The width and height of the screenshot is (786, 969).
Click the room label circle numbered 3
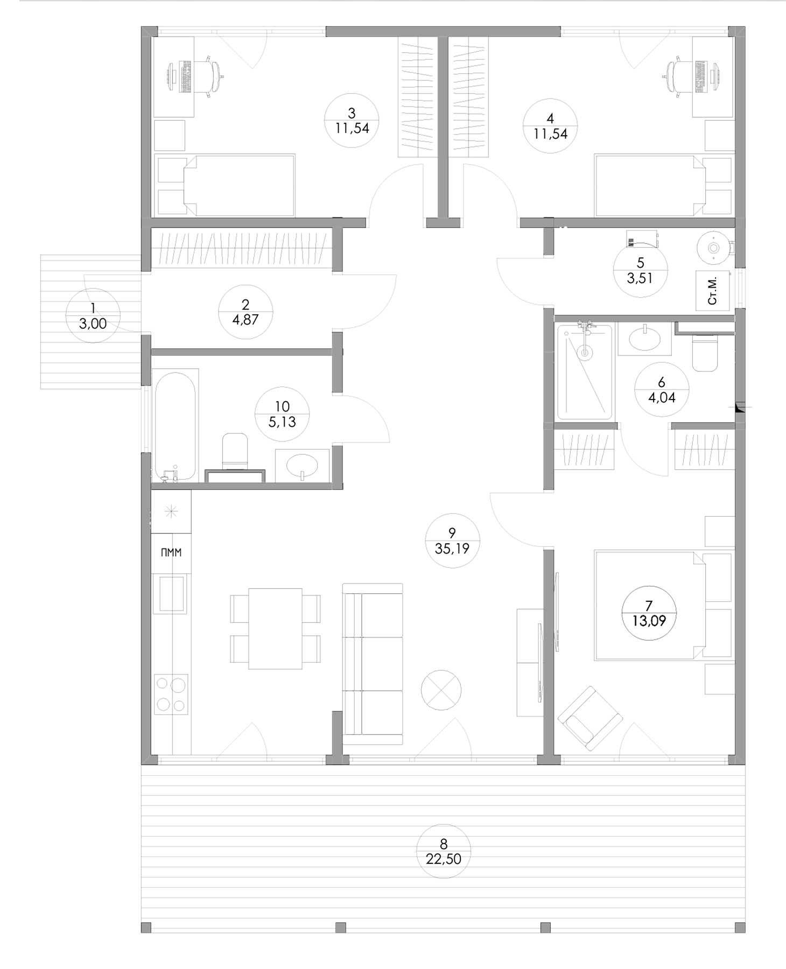(x=352, y=121)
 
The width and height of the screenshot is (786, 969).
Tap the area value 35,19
(x=452, y=549)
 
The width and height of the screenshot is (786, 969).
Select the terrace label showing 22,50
(x=444, y=859)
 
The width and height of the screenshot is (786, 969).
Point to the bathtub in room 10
(x=175, y=425)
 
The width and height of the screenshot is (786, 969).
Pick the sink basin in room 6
(x=644, y=339)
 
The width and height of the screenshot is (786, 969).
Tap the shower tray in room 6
(x=585, y=371)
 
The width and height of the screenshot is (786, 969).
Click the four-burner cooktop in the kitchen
(x=171, y=694)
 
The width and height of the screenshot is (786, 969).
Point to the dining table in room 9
(x=275, y=629)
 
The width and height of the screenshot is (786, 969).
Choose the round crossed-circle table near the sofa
(x=441, y=690)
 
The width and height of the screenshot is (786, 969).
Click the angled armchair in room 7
(x=590, y=718)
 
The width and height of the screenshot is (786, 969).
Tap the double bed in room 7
(x=649, y=605)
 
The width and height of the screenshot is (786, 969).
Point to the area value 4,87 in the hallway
(x=245, y=319)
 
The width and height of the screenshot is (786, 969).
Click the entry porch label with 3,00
(x=93, y=316)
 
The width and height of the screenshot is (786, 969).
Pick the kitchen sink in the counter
(x=171, y=593)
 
